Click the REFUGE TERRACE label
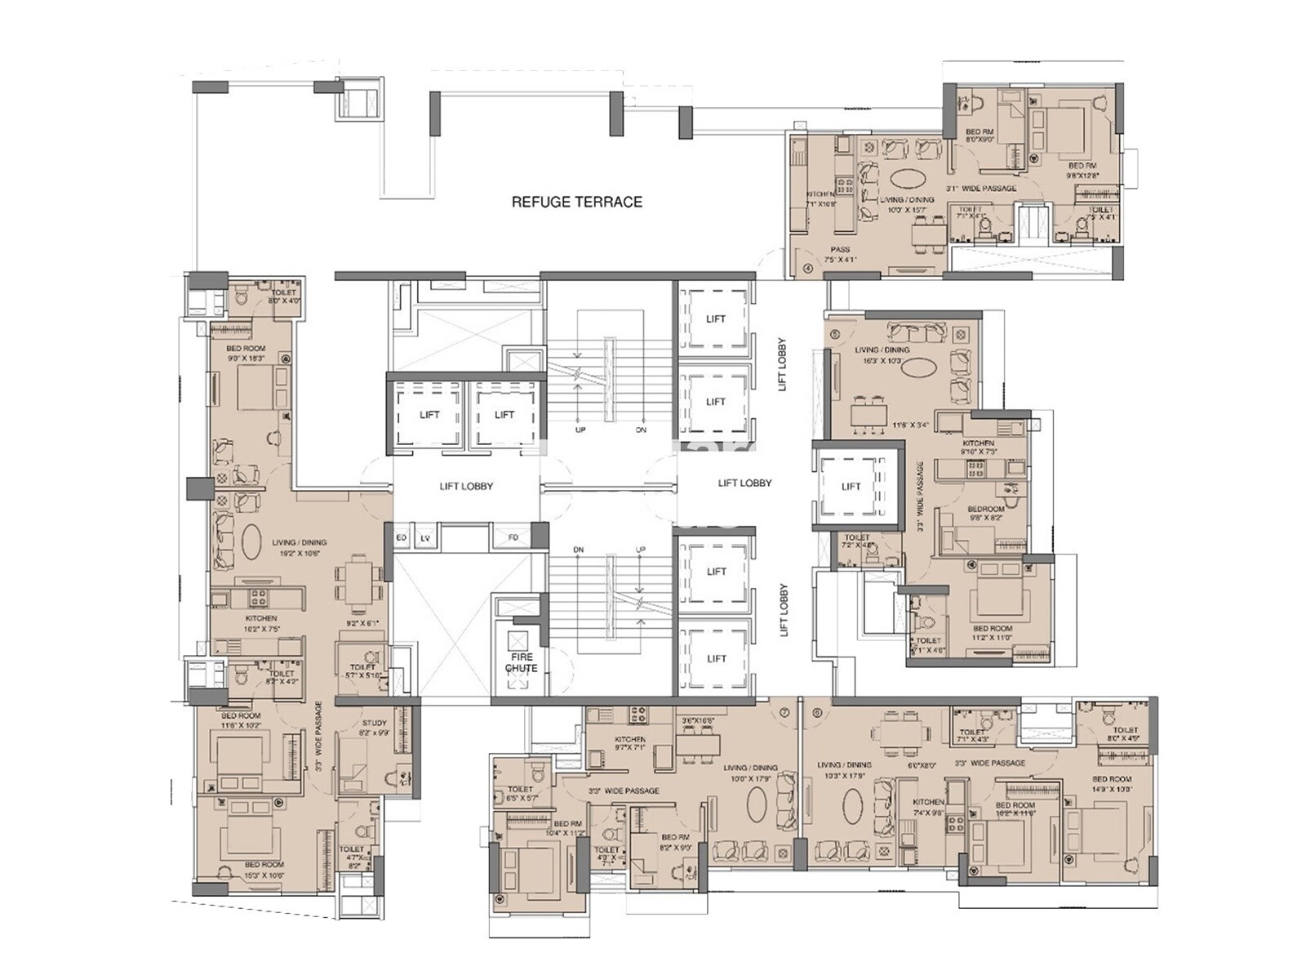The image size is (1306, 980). coord(576,202)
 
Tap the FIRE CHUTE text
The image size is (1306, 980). coord(521,662)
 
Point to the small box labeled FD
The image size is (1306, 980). coord(513,538)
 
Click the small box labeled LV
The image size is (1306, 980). coord(424,538)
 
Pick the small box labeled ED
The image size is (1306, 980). coord(402,538)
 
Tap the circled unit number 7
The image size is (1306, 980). coord(785,711)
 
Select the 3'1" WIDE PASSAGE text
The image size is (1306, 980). coord(981,189)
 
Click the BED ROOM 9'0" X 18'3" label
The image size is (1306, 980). coord(245,353)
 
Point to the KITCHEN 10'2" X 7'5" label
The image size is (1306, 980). coord(260,624)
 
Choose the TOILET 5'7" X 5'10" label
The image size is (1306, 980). coord(363,671)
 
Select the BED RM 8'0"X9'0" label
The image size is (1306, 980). coord(979,136)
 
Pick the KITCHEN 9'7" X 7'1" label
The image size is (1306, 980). coord(629,743)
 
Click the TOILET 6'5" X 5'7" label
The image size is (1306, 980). coord(520,793)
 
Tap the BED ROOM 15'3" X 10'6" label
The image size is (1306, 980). coord(264,869)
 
